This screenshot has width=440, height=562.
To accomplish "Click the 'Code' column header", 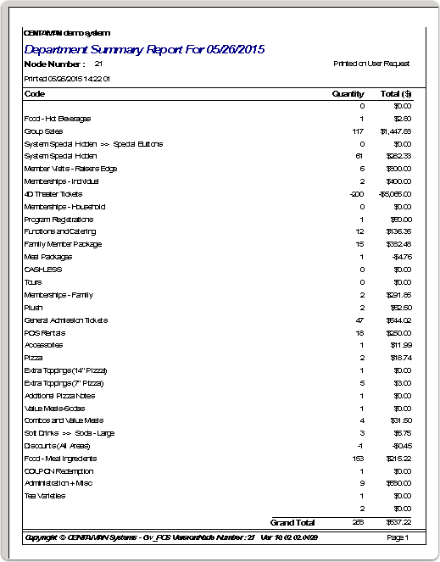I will (35, 93).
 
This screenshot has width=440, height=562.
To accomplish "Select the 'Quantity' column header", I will (348, 93).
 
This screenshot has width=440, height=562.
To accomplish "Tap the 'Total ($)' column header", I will (396, 93).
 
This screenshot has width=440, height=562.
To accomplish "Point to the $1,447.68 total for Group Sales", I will (395, 131).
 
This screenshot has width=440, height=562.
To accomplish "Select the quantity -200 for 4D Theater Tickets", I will (356, 194).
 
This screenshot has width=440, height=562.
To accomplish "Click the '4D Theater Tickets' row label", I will (53, 194).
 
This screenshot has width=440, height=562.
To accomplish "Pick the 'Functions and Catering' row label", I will (60, 231).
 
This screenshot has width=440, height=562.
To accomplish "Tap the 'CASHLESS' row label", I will (42, 270).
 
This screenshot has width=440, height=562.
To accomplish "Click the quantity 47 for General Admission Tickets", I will (359, 320).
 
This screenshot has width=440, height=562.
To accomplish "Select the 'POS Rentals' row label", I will (45, 332).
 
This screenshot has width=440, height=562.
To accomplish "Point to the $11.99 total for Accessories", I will (400, 345).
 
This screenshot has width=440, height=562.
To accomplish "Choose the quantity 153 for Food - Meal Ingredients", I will (357, 459).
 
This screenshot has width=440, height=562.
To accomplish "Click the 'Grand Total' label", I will (292, 522).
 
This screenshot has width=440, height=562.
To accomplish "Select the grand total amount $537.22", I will (398, 522).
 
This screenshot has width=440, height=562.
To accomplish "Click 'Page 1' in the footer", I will (398, 537).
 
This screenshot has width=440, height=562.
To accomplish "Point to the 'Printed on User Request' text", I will (371, 64).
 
